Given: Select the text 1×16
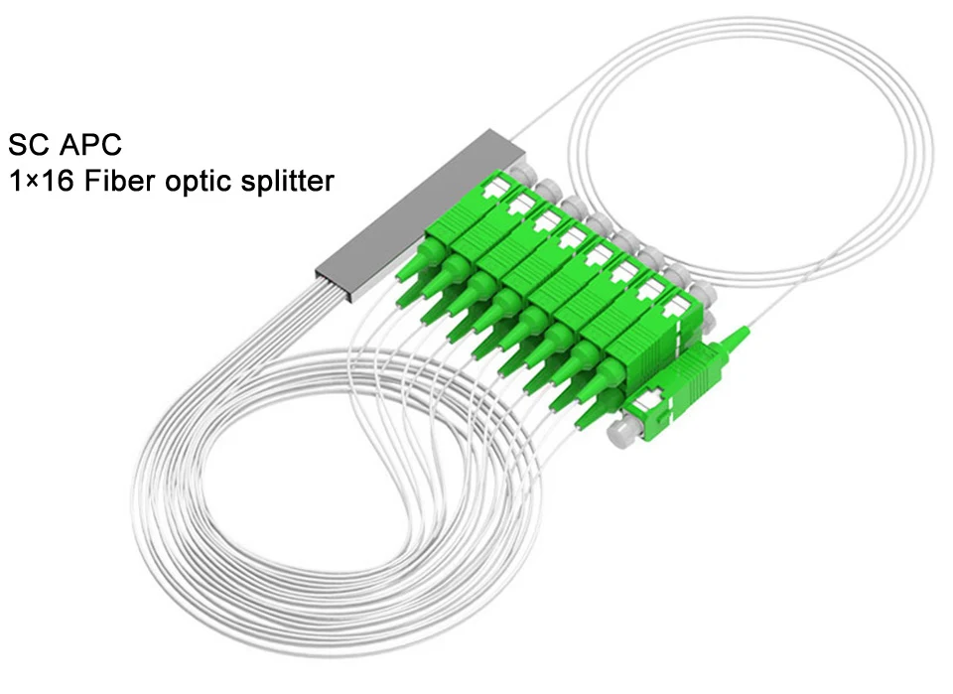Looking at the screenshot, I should (39, 183).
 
